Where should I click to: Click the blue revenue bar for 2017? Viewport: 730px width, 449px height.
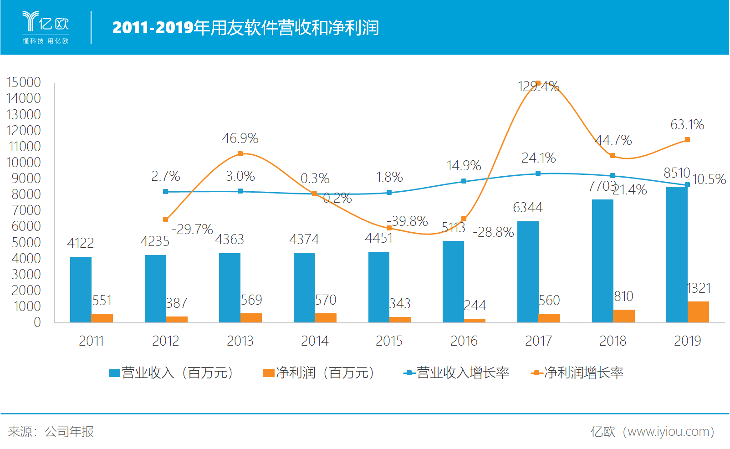tap(528, 272)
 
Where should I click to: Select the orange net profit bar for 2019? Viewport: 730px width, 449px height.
tap(698, 312)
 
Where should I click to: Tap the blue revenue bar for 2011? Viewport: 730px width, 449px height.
tap(81, 290)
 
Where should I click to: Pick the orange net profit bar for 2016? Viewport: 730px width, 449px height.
tap(475, 321)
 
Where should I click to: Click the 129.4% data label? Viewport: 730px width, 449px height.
tap(538, 87)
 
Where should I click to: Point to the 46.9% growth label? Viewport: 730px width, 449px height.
tap(240, 138)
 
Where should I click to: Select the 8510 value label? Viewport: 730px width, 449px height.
tap(676, 173)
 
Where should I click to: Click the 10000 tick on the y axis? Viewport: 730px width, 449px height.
tap(24, 163)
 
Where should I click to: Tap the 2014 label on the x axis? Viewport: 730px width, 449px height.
tap(315, 341)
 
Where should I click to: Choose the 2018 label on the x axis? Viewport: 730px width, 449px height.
tap(613, 341)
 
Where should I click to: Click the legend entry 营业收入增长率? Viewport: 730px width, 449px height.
tap(456, 373)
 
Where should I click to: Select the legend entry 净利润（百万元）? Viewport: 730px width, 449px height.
tap(319, 373)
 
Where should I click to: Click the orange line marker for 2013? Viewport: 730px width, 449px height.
tap(240, 154)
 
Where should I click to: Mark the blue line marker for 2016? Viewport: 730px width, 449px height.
tap(464, 181)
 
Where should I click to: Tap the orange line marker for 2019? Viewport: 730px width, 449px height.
tap(687, 140)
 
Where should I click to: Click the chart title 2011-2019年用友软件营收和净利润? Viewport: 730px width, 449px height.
tap(245, 28)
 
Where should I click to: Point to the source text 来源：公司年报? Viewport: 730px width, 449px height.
tap(51, 432)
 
